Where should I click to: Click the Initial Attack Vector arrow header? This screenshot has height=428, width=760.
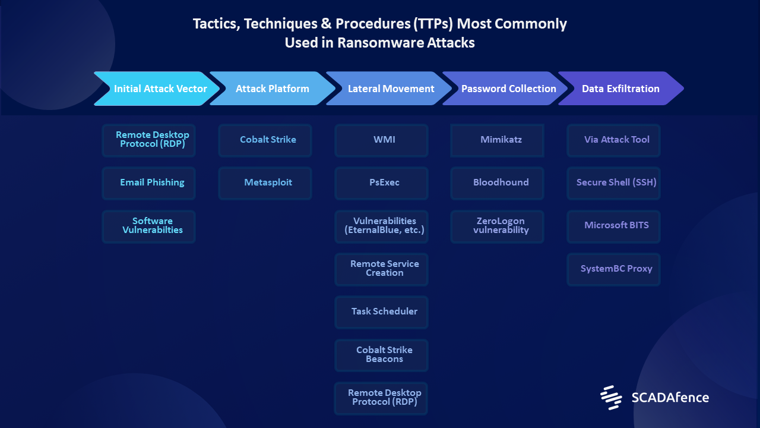pyautogui.click(x=157, y=89)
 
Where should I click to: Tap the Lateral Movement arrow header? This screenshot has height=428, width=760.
pyautogui.click(x=389, y=89)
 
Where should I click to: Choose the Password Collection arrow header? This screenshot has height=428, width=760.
pyautogui.click(x=505, y=89)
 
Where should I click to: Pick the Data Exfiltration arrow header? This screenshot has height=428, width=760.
pyautogui.click(x=621, y=89)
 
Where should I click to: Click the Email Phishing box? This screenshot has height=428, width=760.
pyautogui.click(x=148, y=183)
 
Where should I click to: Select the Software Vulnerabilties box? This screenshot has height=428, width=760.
pyautogui.click(x=148, y=226)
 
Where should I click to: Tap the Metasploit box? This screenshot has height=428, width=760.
pyautogui.click(x=265, y=183)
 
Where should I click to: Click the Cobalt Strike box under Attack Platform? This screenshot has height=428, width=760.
pyautogui.click(x=265, y=140)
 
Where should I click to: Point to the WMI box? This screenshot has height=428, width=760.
pyautogui.click(x=381, y=140)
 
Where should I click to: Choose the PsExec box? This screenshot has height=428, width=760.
pyautogui.click(x=381, y=183)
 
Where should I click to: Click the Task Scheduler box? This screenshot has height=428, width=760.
pyautogui.click(x=381, y=312)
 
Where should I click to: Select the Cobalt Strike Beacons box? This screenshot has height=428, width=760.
pyautogui.click(x=381, y=355)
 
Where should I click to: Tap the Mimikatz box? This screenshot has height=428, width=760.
pyautogui.click(x=497, y=140)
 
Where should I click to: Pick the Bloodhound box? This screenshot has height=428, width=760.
pyautogui.click(x=497, y=183)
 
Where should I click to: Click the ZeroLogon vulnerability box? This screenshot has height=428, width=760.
pyautogui.click(x=497, y=226)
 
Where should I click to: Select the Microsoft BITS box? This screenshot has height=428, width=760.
pyautogui.click(x=613, y=226)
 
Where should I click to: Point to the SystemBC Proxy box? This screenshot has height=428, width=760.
pyautogui.click(x=613, y=269)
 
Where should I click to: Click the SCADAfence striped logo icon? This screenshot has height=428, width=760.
pyautogui.click(x=611, y=398)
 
